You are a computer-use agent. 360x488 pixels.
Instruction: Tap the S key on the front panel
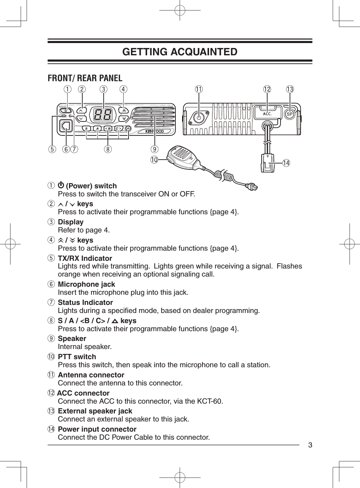click(x=86, y=128)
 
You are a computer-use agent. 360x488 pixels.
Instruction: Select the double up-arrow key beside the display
click(x=124, y=110)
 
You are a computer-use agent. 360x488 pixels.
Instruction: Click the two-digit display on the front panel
click(x=103, y=114)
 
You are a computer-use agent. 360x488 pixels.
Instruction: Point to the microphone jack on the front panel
click(x=65, y=126)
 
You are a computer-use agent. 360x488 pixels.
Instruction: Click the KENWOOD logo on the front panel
click(x=155, y=132)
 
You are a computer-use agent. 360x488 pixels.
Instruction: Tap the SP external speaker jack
click(x=289, y=114)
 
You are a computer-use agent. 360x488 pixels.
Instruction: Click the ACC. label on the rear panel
click(x=267, y=114)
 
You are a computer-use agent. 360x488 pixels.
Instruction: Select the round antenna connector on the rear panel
click(x=199, y=118)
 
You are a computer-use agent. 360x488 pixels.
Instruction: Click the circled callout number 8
click(x=108, y=149)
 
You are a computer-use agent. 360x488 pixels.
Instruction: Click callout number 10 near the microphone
click(x=154, y=160)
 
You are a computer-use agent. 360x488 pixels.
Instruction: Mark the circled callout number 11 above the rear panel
click(x=199, y=89)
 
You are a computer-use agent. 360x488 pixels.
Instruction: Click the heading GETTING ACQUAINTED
click(x=180, y=52)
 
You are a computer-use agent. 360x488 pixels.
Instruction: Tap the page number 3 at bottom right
click(x=310, y=445)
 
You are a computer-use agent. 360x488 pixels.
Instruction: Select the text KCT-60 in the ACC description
click(x=211, y=401)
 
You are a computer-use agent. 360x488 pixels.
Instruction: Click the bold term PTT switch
click(x=77, y=357)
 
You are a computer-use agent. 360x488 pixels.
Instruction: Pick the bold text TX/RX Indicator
click(x=85, y=258)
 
